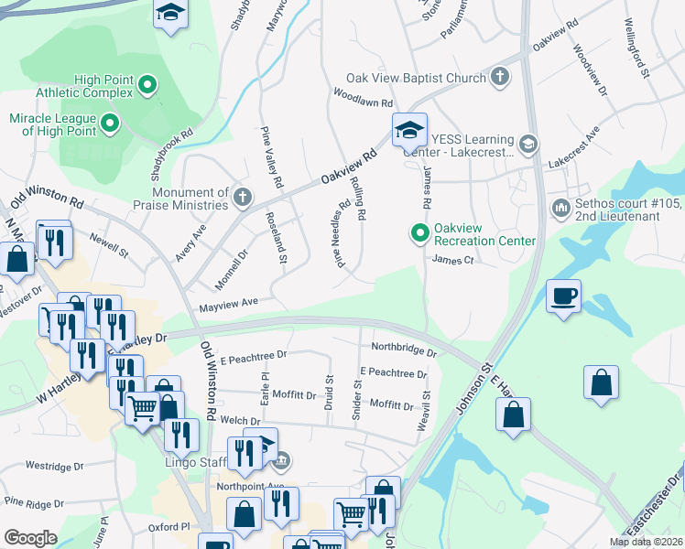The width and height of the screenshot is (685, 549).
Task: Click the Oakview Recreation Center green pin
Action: (420, 234)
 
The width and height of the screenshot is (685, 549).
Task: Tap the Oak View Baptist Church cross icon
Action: (500, 77)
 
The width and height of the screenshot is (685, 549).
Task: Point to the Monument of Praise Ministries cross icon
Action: (242, 197)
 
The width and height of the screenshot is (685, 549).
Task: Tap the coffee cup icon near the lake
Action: (563, 296)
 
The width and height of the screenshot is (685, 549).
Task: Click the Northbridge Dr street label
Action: (404, 348)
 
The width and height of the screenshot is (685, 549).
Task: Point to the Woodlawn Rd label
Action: (363, 93)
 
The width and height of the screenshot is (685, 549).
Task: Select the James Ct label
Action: (451, 260)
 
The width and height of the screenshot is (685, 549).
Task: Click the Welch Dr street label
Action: (215, 421)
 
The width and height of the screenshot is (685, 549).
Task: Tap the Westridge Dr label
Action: (54, 466)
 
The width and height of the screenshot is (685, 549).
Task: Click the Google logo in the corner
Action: (30, 538)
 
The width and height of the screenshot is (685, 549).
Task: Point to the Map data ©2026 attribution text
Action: (646, 542)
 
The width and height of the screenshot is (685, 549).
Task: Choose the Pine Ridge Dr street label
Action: (38, 501)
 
